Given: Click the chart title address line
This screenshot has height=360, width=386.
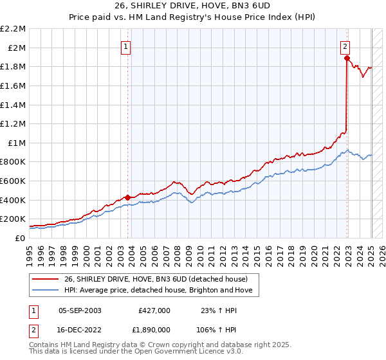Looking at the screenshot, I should point(192,6).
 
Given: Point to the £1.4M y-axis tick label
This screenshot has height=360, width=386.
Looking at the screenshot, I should point(14,105).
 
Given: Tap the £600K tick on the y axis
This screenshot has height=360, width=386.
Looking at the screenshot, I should point(14,181).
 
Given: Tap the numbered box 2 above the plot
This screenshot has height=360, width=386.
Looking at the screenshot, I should point(345,46).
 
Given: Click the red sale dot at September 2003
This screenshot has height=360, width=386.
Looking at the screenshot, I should point(127,197).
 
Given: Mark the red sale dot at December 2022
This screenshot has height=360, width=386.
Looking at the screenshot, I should point(347,58).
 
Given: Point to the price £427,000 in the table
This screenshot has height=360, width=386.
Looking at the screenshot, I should point(154,310).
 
